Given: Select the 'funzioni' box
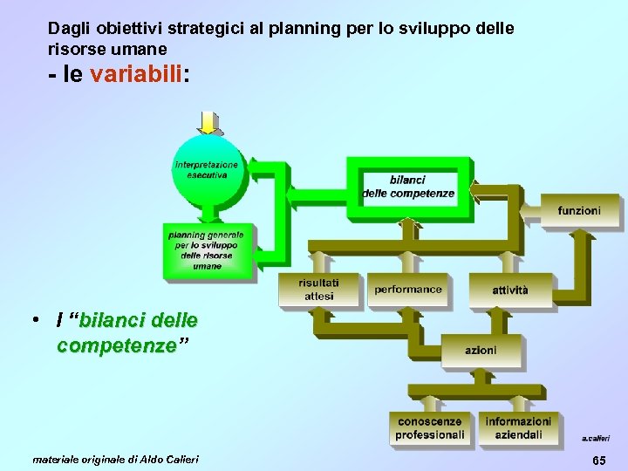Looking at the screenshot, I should [579, 210].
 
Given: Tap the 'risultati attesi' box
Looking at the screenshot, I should [318, 290].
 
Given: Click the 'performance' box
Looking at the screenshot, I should [408, 290].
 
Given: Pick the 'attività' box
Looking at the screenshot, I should [509, 290].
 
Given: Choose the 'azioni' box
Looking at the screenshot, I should [481, 350].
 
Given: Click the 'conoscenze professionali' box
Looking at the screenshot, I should [430, 428].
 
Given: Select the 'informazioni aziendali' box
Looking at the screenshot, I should [519, 428].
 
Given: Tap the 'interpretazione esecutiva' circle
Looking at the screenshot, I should [207, 169].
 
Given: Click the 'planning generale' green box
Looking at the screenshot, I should [207, 250].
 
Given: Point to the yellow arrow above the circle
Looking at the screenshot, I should [208, 123].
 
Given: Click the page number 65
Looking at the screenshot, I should [599, 460].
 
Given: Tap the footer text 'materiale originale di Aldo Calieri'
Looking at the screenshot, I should [115, 459].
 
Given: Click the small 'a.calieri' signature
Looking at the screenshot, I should [596, 439].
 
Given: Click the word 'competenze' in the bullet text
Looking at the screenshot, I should [116, 346].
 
